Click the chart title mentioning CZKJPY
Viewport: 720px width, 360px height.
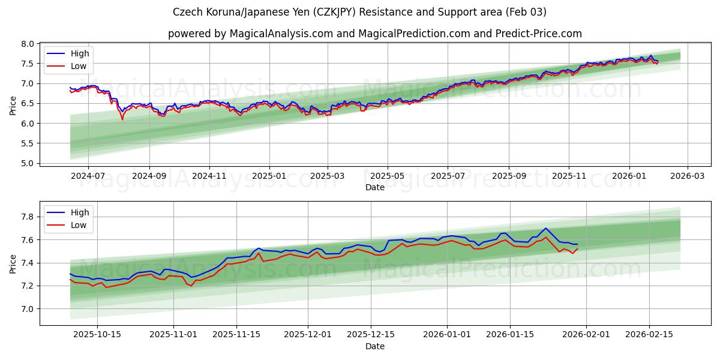click(359, 12)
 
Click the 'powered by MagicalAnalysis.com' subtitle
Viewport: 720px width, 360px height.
click(374, 34)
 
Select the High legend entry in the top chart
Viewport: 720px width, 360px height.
click(79, 54)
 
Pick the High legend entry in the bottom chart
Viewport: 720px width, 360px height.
click(79, 212)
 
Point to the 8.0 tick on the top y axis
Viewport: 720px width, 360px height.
click(27, 44)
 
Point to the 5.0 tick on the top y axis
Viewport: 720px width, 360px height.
click(27, 163)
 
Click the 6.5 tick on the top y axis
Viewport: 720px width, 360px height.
click(27, 103)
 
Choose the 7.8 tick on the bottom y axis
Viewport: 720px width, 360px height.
click(27, 217)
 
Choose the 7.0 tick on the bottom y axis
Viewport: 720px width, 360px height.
click(27, 309)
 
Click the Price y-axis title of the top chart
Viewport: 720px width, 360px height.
click(13, 105)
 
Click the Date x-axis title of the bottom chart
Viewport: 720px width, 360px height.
click(374, 346)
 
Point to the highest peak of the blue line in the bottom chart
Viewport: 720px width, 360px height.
click(545, 228)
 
